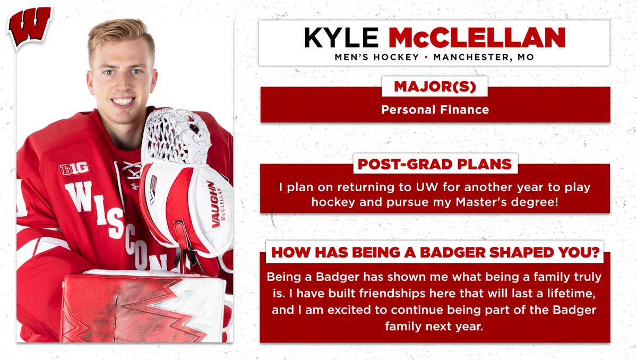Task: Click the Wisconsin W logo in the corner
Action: tap(29, 27)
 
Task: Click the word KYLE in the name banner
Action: tap(342, 38)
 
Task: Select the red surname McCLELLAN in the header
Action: tap(477, 38)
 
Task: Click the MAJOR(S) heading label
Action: tap(434, 87)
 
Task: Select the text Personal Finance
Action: tap(434, 110)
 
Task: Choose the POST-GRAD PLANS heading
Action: tap(435, 164)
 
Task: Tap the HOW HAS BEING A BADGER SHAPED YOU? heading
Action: tap(435, 253)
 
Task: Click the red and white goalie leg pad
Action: tap(143, 308)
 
